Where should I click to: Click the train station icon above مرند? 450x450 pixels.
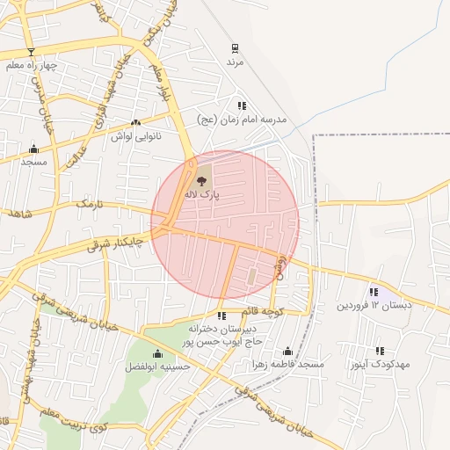click(235, 48)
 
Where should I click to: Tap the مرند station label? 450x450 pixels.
click(235, 62)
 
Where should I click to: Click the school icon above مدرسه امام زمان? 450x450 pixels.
click(242, 105)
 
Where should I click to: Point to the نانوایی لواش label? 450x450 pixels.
click(134, 136)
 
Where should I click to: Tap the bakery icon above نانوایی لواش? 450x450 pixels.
click(135, 123)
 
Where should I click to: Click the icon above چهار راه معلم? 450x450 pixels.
click(31, 52)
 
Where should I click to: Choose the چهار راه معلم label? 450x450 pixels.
click(31, 65)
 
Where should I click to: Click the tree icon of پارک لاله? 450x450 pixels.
click(203, 179)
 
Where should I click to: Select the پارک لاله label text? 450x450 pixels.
click(202, 192)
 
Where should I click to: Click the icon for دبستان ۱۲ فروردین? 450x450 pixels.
click(374, 292)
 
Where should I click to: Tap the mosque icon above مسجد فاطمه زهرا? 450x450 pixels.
click(287, 351)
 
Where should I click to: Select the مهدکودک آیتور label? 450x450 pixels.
click(381, 364)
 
